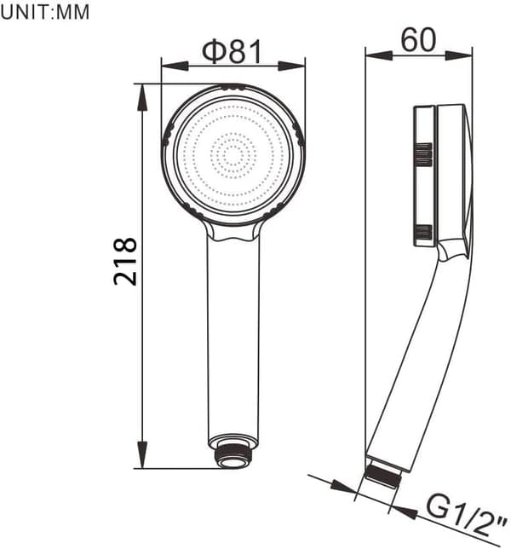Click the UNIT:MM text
45,13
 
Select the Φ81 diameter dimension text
232,52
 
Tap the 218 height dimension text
125,261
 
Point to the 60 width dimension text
418,40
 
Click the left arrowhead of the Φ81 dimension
175,66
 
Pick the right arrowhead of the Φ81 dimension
292,66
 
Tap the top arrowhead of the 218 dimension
142,98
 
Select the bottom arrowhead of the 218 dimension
142,454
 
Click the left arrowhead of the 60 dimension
379,55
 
